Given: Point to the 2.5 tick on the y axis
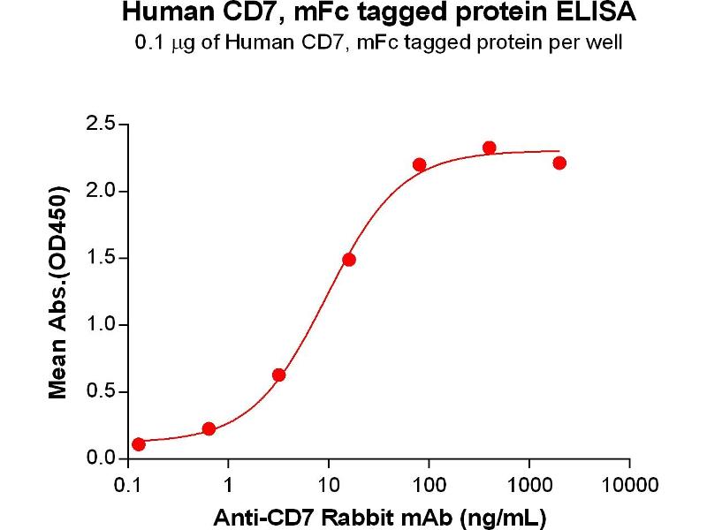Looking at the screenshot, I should point(99,125).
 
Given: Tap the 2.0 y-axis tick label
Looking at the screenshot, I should point(99,192).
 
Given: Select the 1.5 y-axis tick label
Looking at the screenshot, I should point(99,259).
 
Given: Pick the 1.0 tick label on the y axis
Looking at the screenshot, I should point(99,325).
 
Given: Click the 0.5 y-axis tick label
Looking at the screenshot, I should point(99,392).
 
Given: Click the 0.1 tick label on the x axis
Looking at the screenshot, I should point(129,486).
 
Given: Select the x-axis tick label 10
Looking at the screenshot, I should point(329,486).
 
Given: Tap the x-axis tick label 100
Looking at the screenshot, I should point(429,486).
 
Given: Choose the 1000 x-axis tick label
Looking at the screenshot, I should point(529,486).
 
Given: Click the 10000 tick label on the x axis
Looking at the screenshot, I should point(629,486).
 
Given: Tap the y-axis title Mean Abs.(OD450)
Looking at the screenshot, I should point(59,291).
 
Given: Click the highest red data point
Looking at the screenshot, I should point(489,148).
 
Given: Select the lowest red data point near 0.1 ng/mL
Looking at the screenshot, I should point(139,444).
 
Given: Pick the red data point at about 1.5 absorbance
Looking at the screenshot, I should point(349,260).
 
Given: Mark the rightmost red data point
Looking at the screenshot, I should point(559,163).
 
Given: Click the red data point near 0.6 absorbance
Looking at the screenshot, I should point(279,375).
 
